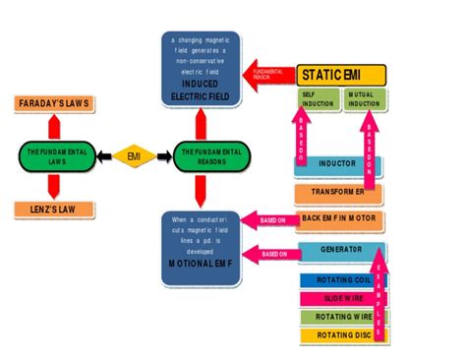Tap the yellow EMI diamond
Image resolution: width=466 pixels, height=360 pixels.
(x=134, y=154)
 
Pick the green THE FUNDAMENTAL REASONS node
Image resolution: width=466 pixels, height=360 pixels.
(x=212, y=154)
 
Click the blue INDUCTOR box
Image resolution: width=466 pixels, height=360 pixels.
(x=338, y=164)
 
